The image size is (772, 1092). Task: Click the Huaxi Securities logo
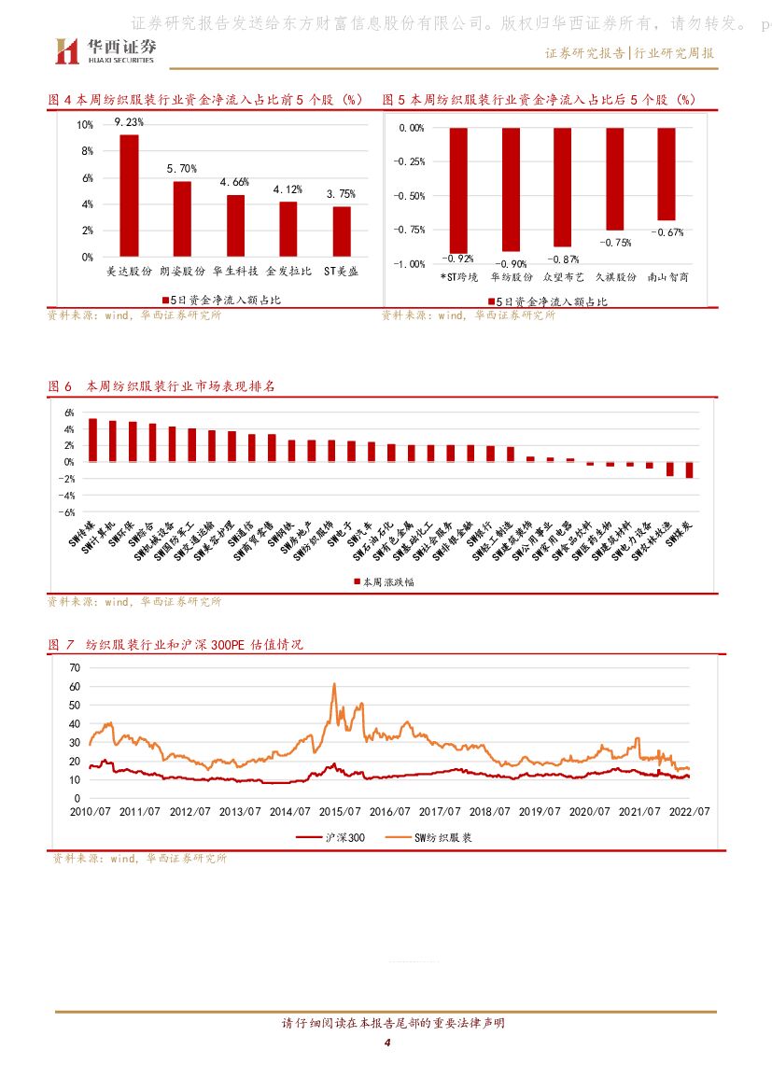click(104, 50)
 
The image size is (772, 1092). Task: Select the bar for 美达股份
click(129, 195)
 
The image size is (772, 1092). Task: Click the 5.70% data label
click(182, 169)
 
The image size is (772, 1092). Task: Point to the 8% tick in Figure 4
click(85, 151)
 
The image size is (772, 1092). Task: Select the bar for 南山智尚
click(666, 174)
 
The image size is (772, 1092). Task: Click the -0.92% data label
click(458, 259)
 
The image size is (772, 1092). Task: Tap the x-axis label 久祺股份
click(614, 277)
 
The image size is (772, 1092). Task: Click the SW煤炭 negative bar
click(689, 469)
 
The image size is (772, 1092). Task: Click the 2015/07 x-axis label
click(339, 812)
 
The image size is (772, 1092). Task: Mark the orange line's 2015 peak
click(335, 684)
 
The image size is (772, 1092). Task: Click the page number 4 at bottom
click(386, 1043)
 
